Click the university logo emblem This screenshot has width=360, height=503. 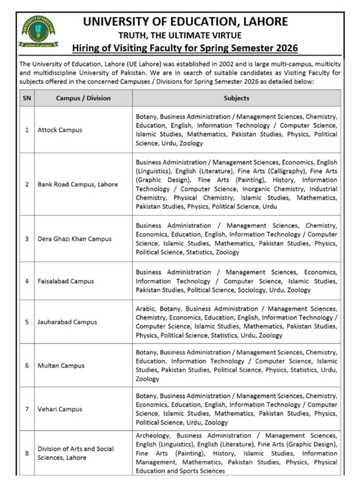point(38,31)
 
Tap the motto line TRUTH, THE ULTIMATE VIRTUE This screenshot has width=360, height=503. point(180,35)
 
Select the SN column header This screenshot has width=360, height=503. point(27,98)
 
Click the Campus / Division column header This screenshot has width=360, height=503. point(83,98)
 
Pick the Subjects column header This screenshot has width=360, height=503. point(236,98)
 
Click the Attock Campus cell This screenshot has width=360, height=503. point(60,130)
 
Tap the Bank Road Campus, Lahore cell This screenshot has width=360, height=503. point(78,184)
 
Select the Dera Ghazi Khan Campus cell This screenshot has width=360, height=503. point(74,239)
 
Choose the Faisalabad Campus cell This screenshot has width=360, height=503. point(65,281)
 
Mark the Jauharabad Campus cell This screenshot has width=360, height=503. point(67,322)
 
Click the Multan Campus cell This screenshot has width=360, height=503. point(61,365)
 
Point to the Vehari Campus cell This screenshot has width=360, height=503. point(60,409)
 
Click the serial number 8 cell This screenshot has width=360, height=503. point(27,453)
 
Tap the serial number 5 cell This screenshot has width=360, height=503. point(27,322)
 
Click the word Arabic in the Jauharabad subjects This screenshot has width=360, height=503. point(145,309)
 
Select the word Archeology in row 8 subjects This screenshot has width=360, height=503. point(153,436)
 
